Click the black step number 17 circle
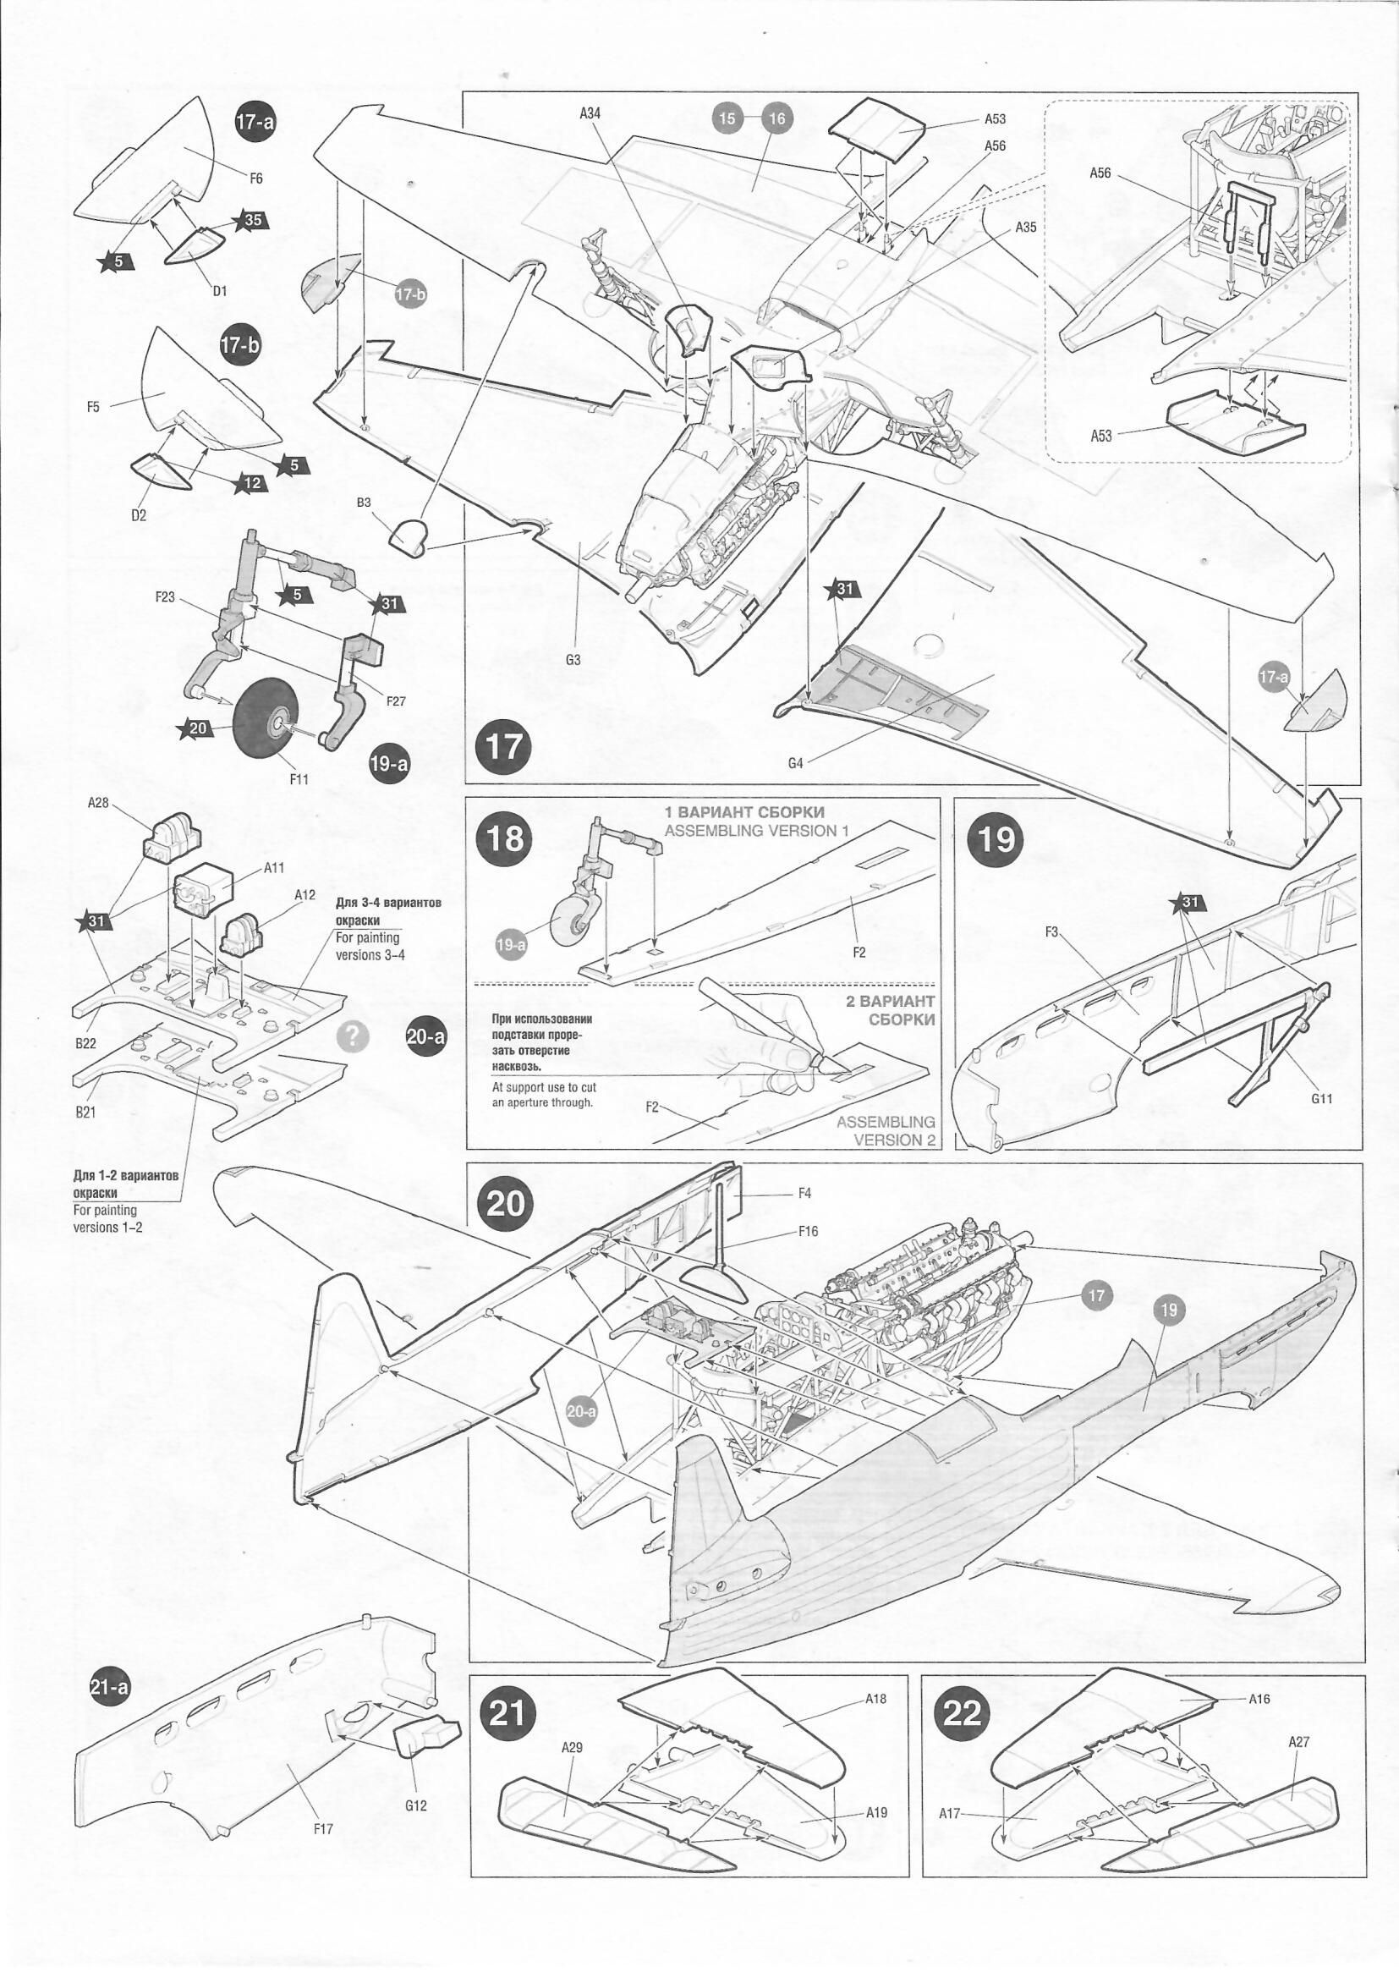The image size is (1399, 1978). (x=504, y=746)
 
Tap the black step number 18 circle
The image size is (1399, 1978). (x=504, y=837)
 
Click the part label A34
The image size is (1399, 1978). (x=590, y=113)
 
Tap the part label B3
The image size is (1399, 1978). (x=364, y=503)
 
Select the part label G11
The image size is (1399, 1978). (x=1321, y=1098)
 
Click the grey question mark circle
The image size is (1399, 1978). (x=354, y=1036)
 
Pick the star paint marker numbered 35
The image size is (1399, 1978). (x=250, y=221)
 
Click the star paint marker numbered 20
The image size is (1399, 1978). (x=195, y=728)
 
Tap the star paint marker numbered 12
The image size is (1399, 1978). (x=250, y=483)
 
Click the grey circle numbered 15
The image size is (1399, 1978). (x=728, y=118)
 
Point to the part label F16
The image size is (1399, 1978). (x=808, y=1231)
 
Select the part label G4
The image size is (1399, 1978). (x=795, y=763)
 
